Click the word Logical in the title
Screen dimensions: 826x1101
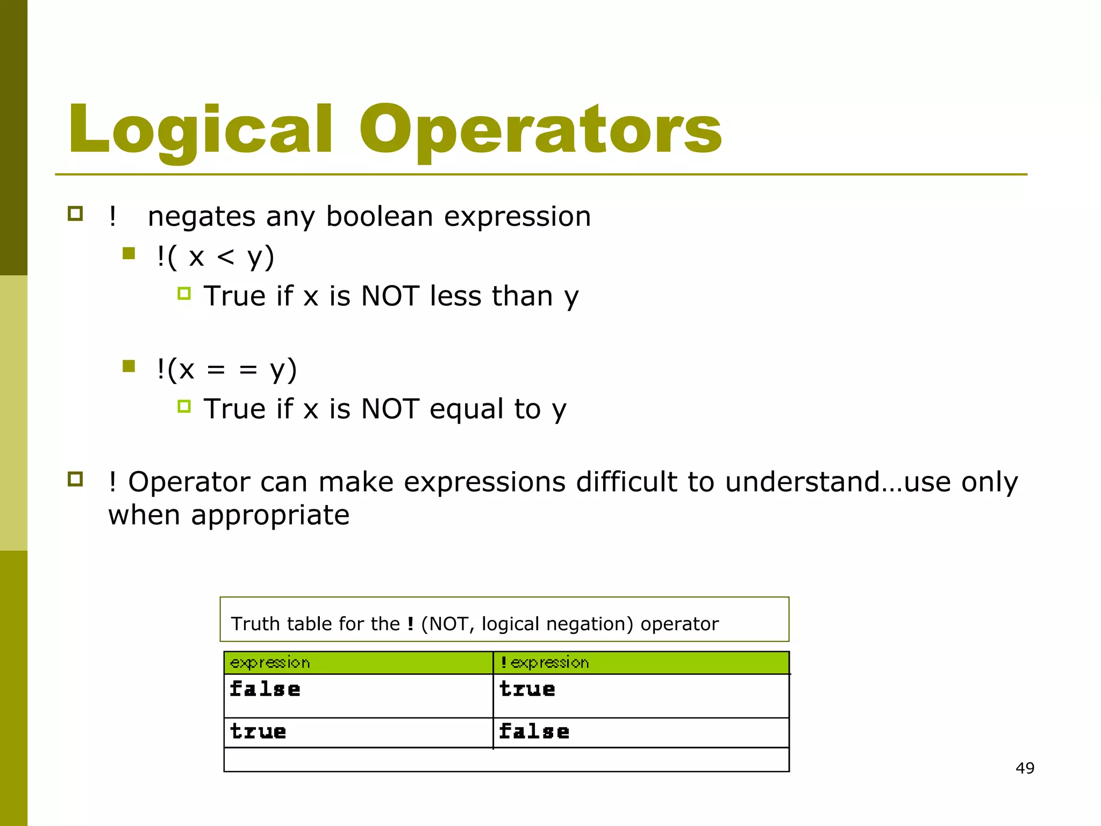(200, 131)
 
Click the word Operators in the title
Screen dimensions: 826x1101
(540, 131)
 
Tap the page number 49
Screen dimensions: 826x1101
(1025, 768)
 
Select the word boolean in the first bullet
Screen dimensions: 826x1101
(379, 217)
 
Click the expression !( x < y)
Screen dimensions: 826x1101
(215, 257)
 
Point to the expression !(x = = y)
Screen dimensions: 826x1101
(226, 369)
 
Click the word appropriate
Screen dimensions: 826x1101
(270, 515)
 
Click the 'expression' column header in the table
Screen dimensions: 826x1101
(270, 663)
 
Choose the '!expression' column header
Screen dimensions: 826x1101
(545, 663)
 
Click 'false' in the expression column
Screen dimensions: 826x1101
(264, 689)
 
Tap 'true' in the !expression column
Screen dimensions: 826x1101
(527, 689)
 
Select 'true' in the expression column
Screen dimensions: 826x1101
(258, 731)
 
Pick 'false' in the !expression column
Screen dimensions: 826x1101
(534, 731)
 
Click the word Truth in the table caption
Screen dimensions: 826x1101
(255, 624)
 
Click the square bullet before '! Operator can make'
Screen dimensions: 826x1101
(75, 479)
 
